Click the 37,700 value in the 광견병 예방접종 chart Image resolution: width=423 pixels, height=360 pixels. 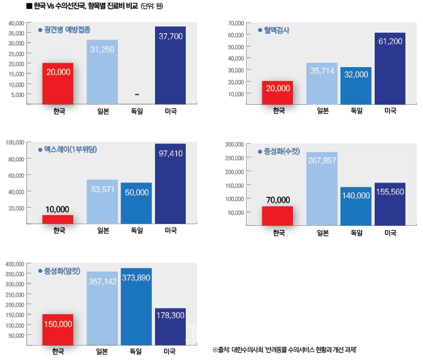coord(170,36)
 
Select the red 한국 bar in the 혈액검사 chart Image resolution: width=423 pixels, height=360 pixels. coord(278,92)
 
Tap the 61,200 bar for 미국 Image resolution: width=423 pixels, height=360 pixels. coord(389,68)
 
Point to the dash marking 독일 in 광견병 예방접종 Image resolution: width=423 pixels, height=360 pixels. coord(137,95)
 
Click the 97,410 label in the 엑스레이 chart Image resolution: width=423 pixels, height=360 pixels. coord(170,154)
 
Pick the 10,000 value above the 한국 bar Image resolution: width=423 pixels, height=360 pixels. coord(58,209)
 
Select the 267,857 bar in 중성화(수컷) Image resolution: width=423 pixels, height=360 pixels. coord(322,188)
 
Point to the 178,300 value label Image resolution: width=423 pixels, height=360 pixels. coord(170,315)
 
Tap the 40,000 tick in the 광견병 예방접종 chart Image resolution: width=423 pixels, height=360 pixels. coord(16,23)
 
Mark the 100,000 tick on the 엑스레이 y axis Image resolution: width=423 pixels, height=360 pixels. coord(16,142)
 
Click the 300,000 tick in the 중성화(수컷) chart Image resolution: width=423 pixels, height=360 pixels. coord(234,144)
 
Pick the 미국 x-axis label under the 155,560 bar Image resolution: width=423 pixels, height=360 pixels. coord(390,233)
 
